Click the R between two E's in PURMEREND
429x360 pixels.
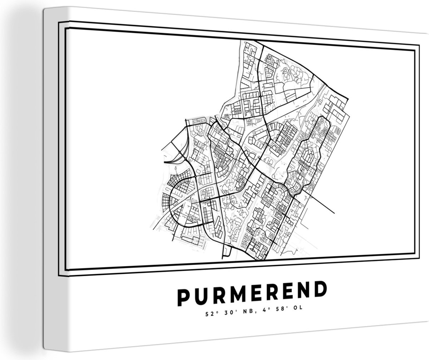tap(268, 295)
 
